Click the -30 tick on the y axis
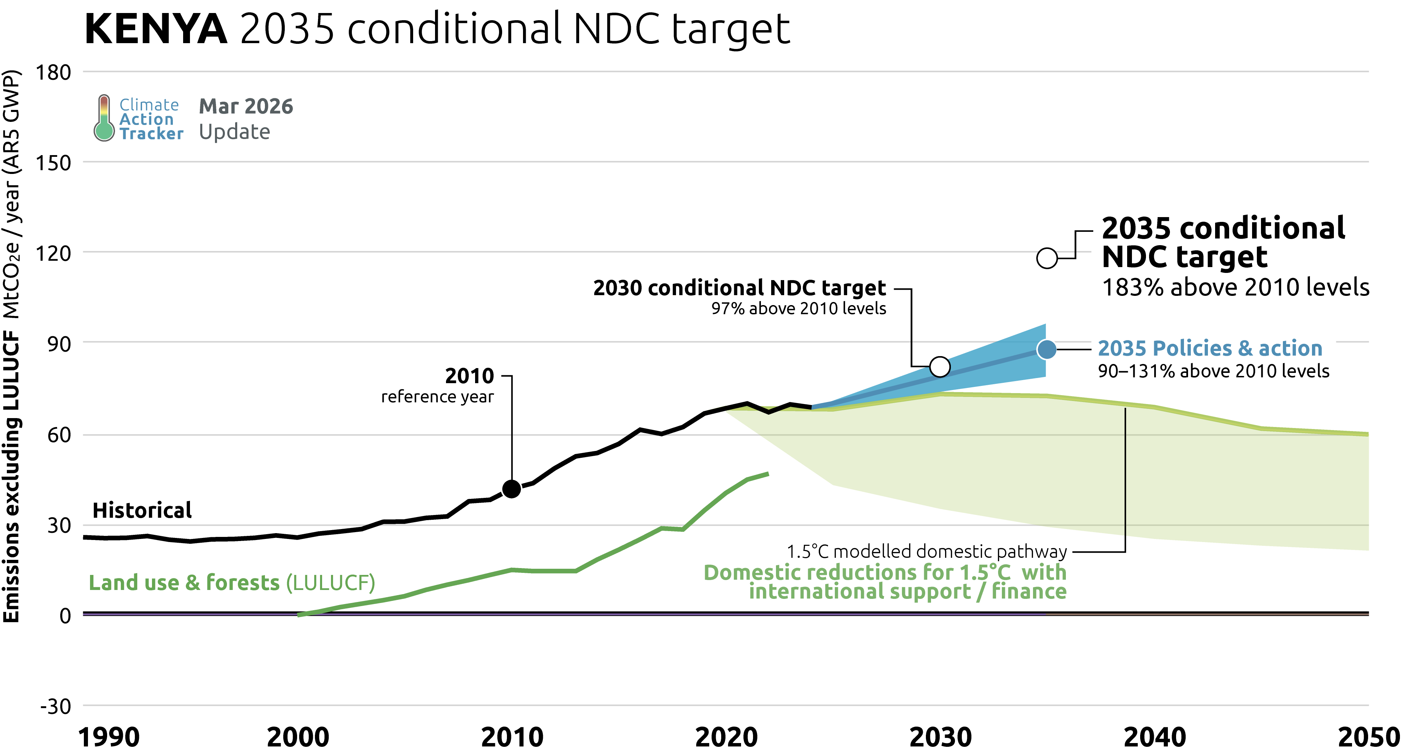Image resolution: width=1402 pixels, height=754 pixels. point(55,707)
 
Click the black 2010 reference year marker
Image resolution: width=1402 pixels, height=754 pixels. point(512,489)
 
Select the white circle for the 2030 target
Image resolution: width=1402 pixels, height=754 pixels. point(940,367)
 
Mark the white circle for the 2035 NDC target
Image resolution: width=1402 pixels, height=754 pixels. point(1047,258)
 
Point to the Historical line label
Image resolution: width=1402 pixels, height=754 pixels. point(142,511)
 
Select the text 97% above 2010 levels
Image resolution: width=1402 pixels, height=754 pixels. point(799,309)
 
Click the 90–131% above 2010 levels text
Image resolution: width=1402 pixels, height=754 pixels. point(1213,371)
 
